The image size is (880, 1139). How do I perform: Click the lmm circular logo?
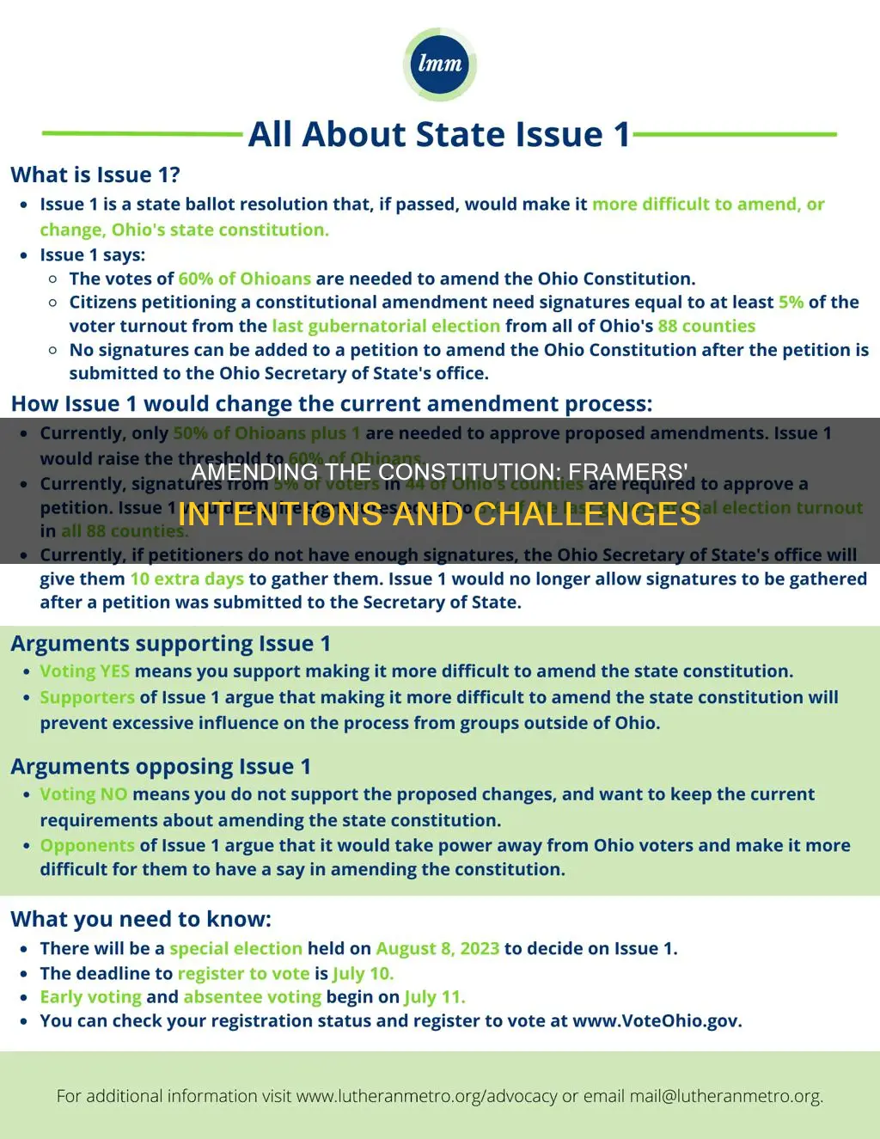coord(439,64)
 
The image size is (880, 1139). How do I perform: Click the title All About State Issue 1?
coord(439,134)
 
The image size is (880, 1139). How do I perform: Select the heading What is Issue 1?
coord(95,175)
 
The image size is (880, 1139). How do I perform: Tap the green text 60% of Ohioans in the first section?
coord(245,279)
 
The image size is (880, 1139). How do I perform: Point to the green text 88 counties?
coord(706,326)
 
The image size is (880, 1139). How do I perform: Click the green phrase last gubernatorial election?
coord(386,326)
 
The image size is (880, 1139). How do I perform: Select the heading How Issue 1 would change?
coord(331,404)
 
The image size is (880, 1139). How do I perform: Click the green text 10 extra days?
coord(186,579)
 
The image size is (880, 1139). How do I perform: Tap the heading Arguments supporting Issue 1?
coord(170,644)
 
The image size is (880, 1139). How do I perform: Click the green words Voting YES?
coord(84,671)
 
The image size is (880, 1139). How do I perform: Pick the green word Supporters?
coord(87,697)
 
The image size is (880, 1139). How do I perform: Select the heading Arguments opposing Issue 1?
coord(161,767)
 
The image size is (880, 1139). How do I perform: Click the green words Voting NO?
coord(83,794)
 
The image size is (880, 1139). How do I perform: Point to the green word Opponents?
coord(87,845)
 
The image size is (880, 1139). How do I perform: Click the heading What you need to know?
coord(141,920)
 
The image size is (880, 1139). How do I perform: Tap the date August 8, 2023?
coord(437,948)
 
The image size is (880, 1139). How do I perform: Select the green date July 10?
coord(363,973)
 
